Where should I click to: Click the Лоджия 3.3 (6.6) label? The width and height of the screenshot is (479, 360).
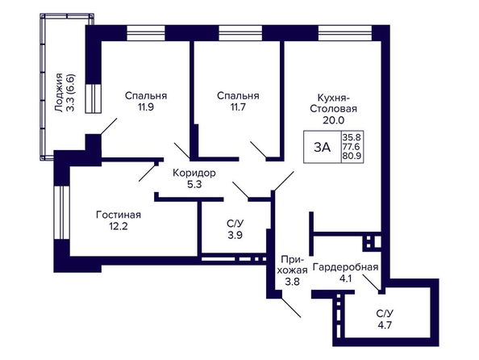(65, 92)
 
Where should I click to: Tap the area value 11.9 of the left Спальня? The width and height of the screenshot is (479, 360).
(146, 107)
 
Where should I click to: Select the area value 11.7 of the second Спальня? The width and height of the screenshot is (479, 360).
(238, 107)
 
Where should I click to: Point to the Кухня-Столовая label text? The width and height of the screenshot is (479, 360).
(333, 103)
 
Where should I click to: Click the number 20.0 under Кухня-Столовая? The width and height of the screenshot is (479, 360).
(333, 120)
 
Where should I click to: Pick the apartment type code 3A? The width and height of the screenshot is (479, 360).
(323, 148)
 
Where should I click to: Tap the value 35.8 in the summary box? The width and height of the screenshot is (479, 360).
(352, 136)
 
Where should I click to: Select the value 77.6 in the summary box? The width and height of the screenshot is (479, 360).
(352, 146)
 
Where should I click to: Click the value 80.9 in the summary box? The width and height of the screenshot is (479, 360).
(352, 156)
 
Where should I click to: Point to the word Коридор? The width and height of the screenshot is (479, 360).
(194, 173)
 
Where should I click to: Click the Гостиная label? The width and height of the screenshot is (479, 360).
(119, 215)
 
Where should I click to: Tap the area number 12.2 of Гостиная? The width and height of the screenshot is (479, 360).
(119, 226)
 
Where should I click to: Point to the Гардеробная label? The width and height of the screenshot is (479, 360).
(345, 267)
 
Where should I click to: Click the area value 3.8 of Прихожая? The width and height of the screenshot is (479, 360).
(293, 282)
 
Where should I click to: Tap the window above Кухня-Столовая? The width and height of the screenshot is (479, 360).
(345, 33)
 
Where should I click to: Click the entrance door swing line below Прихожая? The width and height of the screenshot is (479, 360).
(291, 308)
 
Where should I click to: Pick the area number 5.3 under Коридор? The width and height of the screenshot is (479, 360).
(194, 185)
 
